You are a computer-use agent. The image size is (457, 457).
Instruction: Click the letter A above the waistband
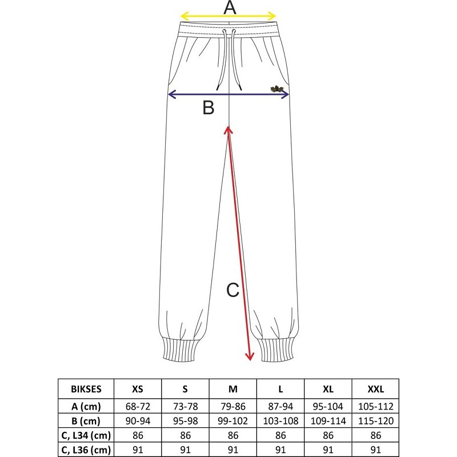[230, 7]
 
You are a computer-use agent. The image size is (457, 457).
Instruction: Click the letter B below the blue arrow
[209, 107]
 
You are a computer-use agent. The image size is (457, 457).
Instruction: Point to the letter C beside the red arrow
[232, 290]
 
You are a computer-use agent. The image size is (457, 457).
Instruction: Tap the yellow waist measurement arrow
[228, 16]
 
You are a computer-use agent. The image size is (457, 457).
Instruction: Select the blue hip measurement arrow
[228, 94]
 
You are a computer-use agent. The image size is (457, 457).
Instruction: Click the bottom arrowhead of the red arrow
[250, 356]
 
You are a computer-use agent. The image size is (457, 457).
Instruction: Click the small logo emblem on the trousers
[276, 89]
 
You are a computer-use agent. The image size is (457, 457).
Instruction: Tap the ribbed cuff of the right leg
[278, 350]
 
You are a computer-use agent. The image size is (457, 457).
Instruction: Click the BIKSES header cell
[86, 389]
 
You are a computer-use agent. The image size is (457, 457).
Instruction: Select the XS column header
[138, 389]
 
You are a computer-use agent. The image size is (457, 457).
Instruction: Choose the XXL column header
[375, 389]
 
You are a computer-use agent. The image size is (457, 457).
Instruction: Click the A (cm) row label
[86, 406]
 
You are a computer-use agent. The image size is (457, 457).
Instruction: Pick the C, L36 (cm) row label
[86, 450]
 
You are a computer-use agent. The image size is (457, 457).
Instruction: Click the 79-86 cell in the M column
[233, 406]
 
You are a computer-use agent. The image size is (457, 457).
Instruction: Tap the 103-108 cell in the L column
[280, 421]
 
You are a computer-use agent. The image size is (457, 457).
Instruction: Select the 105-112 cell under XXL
[375, 406]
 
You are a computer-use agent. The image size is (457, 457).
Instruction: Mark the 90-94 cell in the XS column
[138, 421]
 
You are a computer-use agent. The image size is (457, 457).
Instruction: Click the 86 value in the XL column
[328, 435]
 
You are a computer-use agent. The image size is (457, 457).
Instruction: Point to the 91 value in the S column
[185, 450]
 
